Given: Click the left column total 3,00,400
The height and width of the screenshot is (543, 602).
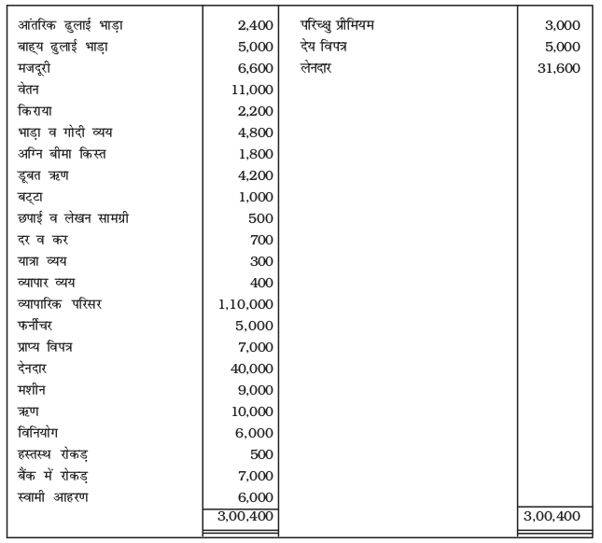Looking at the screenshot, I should [x=242, y=516].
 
